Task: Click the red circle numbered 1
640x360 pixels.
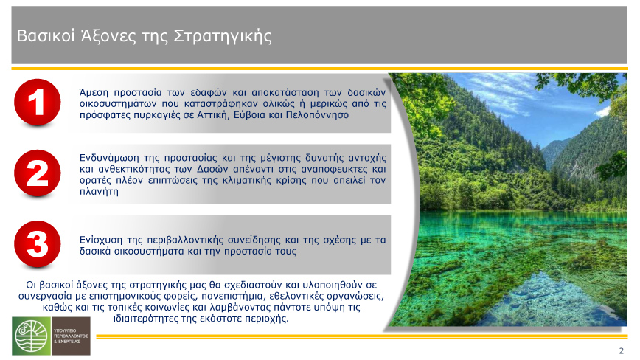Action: click(x=37, y=102)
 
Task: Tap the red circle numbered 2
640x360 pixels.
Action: click(x=37, y=173)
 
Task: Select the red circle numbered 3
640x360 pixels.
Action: click(x=37, y=244)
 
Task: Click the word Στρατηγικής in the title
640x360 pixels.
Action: click(x=223, y=36)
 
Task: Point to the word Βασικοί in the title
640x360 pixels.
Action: click(x=46, y=36)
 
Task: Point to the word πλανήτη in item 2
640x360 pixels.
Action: click(x=99, y=191)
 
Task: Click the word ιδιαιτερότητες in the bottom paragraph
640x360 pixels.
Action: click(x=145, y=319)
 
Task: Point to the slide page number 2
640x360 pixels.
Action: click(x=622, y=350)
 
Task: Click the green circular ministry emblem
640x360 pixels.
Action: click(x=32, y=336)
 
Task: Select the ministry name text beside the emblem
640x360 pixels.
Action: click(x=71, y=336)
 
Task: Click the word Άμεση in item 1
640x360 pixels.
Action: click(x=94, y=93)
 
